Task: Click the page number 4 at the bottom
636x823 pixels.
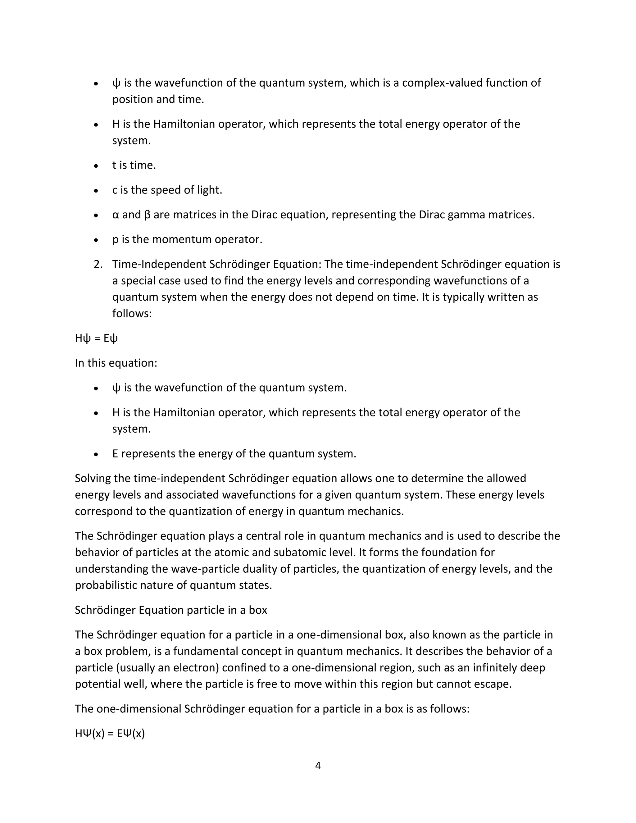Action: point(318,765)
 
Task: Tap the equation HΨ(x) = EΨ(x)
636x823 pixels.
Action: point(110,733)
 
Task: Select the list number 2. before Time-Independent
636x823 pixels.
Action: point(98,264)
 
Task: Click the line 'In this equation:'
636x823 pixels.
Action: point(116,363)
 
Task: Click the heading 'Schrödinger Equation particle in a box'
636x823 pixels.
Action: point(171,610)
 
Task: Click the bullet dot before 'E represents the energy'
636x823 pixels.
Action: point(96,454)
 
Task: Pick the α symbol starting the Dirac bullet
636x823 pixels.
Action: point(115,215)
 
